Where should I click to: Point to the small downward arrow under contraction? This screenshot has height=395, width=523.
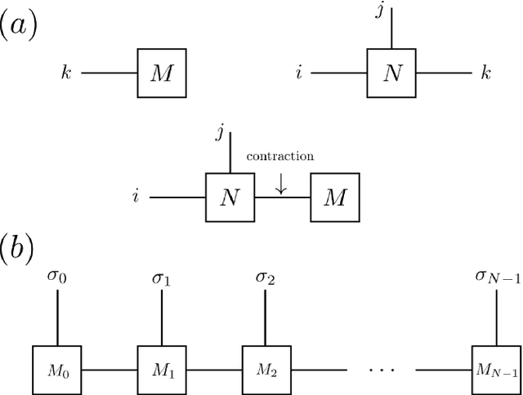pyautogui.click(x=281, y=186)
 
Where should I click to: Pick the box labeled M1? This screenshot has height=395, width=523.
pyautogui.click(x=159, y=371)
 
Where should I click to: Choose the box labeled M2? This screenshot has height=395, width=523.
pyautogui.click(x=266, y=371)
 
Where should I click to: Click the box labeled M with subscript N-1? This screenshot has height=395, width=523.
pyautogui.click(x=495, y=371)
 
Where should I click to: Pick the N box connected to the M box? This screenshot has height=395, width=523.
pyautogui.click(x=228, y=197)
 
